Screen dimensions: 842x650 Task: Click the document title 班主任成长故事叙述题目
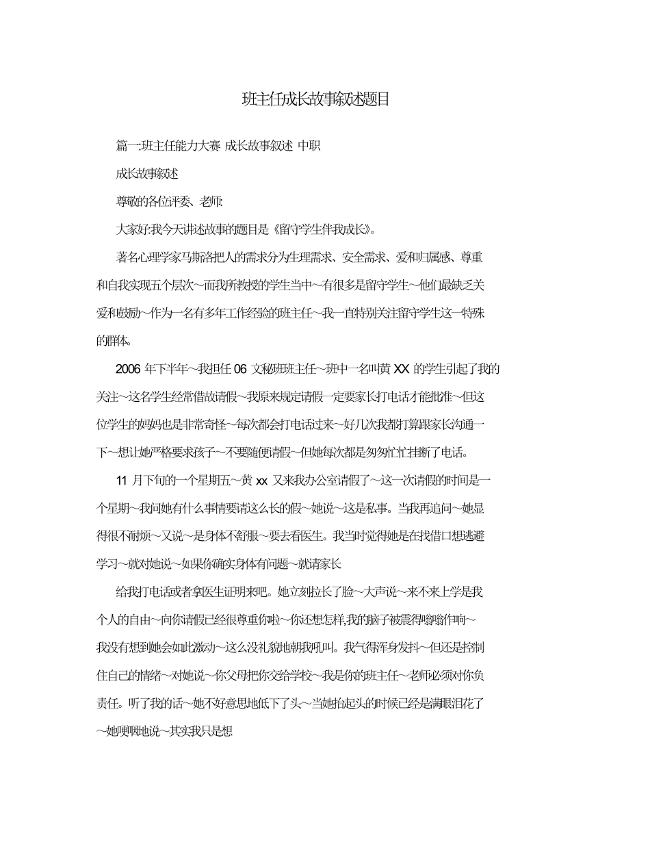[x=316, y=99]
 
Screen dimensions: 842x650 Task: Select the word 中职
[x=309, y=146]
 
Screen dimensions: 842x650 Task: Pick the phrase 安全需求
[x=365, y=257]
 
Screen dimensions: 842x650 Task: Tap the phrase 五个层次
[x=192, y=285]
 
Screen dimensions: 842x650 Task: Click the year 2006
[x=128, y=370]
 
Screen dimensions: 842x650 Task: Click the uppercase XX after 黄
[x=402, y=370]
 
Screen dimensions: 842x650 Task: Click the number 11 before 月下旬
[x=122, y=481]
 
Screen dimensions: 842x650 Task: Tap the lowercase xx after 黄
[x=261, y=481]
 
